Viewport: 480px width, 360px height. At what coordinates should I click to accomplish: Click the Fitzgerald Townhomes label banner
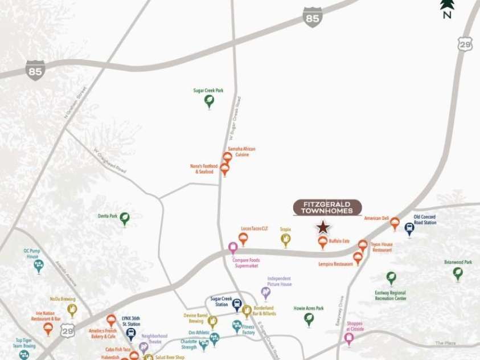(x=327, y=207)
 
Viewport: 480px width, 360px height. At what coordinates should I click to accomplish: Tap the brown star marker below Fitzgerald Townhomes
(x=323, y=228)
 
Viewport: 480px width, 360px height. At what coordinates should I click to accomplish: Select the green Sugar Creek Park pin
(x=209, y=101)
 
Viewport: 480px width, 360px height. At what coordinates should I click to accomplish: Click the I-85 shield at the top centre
(x=313, y=17)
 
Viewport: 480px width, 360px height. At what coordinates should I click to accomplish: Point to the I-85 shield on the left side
(x=35, y=69)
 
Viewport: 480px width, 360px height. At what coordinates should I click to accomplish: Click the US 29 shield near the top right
(x=465, y=44)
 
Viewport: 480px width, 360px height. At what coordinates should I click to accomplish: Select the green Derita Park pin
(x=124, y=218)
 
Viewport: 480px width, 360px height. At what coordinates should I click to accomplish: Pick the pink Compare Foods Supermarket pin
(x=233, y=248)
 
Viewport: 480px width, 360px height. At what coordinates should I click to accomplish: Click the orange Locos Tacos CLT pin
(x=243, y=239)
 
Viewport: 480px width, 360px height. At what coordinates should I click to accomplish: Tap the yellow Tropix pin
(x=286, y=240)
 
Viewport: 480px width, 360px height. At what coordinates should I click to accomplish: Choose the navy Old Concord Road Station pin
(x=409, y=228)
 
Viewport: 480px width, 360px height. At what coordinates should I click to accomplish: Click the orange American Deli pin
(x=395, y=223)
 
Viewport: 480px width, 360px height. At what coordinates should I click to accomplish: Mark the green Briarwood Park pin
(x=458, y=273)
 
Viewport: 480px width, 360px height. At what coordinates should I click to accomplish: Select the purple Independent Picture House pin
(x=266, y=293)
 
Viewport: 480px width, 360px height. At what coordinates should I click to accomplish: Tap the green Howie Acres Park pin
(x=309, y=319)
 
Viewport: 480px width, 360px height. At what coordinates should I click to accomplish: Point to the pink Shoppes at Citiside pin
(x=349, y=338)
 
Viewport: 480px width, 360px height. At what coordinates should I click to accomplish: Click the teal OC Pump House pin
(x=39, y=265)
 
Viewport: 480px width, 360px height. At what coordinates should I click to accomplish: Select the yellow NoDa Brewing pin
(x=72, y=309)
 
